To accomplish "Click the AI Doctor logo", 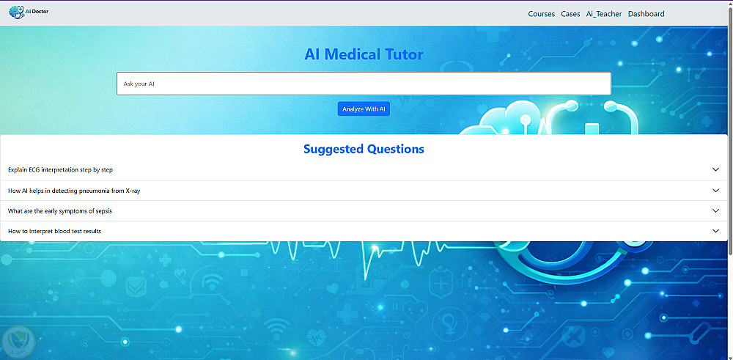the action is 29,12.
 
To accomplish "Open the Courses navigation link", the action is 542,14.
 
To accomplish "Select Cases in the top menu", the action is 570,14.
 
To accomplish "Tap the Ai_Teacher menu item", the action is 604,14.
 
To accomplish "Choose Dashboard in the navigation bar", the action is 646,14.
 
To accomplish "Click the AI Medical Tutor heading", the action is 364,54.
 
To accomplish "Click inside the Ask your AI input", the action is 364,84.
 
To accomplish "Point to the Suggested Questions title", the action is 364,149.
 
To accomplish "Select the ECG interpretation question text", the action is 60,169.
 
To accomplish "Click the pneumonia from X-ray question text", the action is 74,191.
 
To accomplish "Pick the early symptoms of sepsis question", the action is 60,211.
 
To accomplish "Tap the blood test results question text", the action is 54,231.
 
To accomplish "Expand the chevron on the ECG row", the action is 715,169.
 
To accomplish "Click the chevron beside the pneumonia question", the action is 715,191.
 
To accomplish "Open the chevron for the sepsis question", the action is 715,211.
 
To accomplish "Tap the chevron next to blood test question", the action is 715,231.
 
